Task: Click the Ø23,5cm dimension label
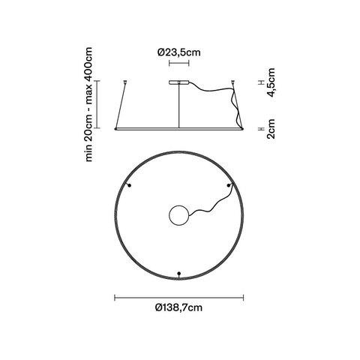click(x=179, y=52)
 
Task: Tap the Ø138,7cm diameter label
click(x=178, y=307)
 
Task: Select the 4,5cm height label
click(x=271, y=82)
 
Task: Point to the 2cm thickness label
click(x=271, y=129)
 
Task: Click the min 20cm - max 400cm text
click(x=89, y=104)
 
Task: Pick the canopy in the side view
click(x=179, y=82)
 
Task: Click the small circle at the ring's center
click(x=179, y=215)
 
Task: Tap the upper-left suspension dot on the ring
click(x=129, y=185)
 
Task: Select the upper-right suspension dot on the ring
click(x=229, y=185)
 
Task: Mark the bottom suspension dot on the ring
click(x=178, y=274)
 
